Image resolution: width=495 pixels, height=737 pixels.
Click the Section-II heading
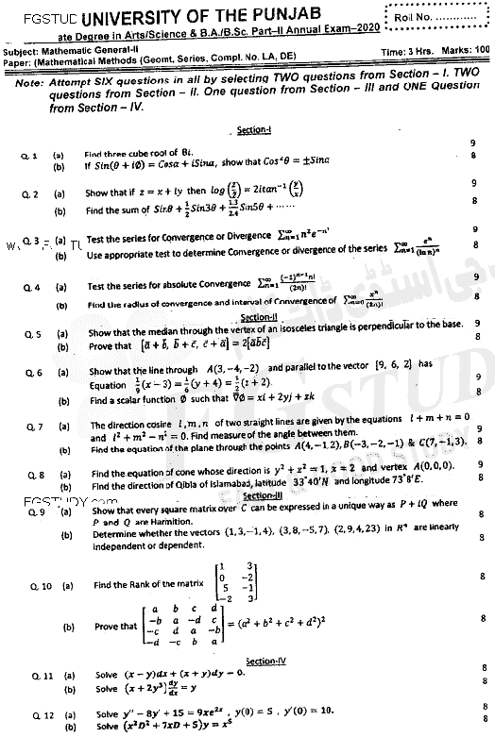(257, 318)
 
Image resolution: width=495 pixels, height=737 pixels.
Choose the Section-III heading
(258, 495)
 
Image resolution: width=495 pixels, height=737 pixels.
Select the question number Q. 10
(31, 585)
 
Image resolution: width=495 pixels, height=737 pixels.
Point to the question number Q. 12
(31, 714)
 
